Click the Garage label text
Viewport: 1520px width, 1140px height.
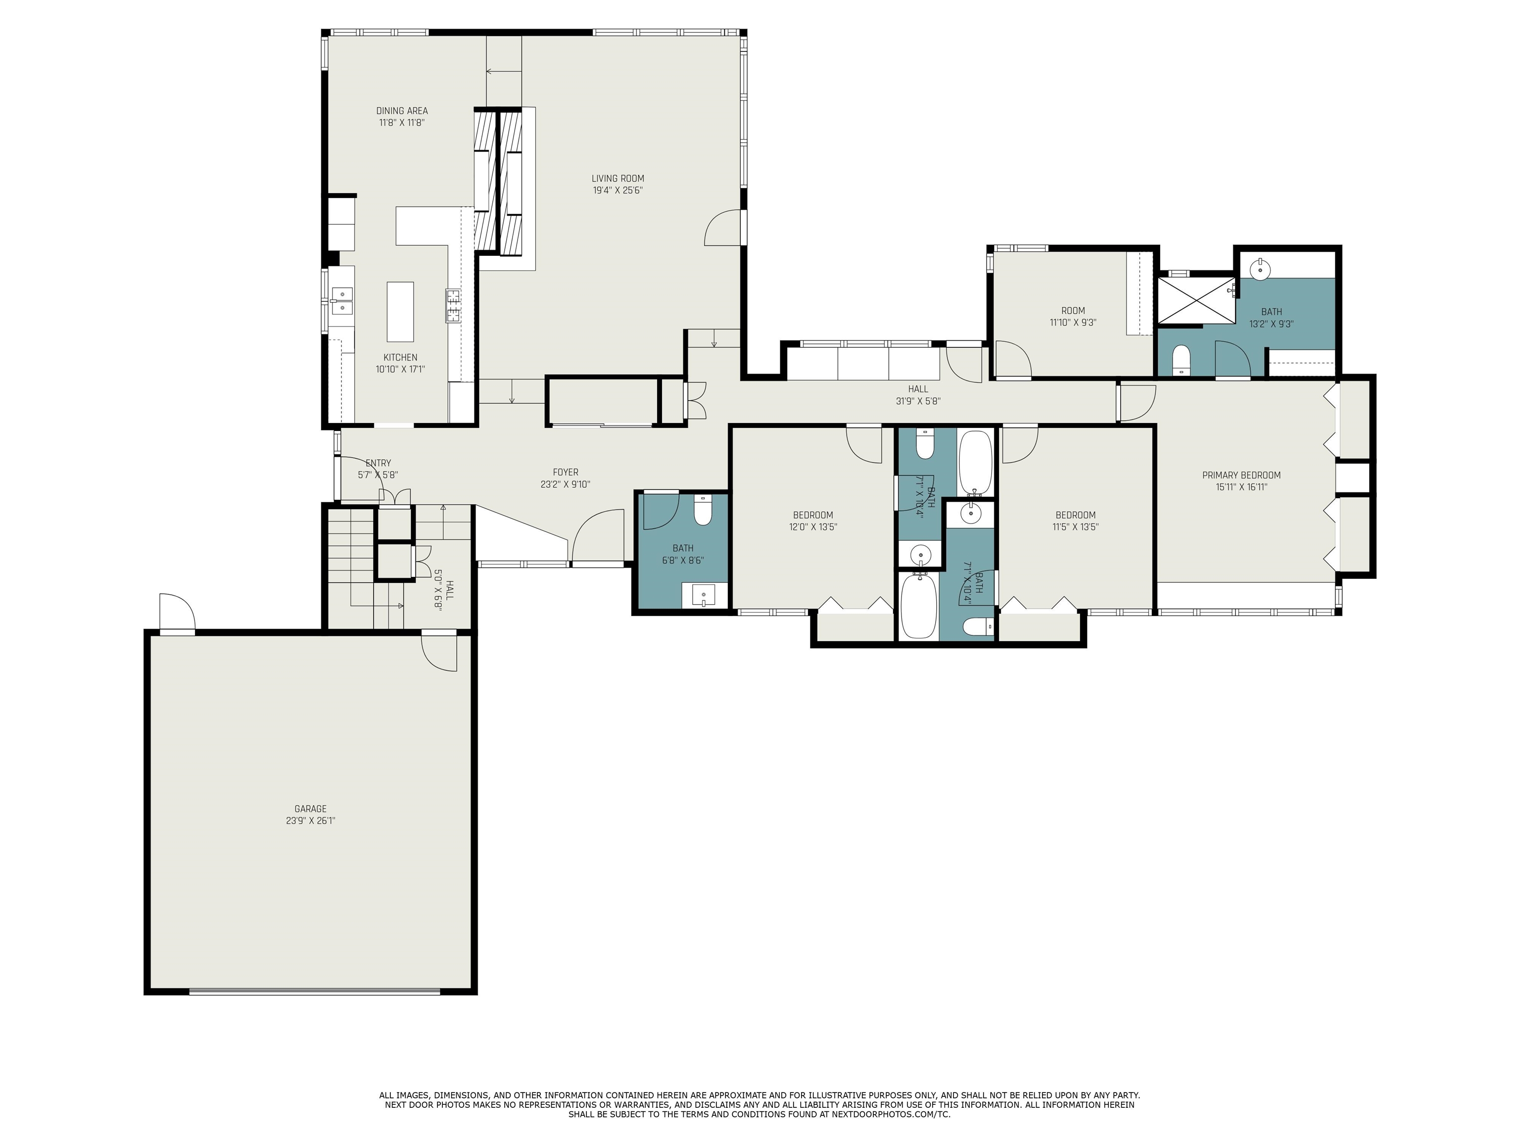point(311,809)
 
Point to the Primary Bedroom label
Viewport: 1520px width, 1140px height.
point(1241,475)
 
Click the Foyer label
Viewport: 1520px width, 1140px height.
point(566,472)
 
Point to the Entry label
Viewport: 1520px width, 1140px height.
point(378,463)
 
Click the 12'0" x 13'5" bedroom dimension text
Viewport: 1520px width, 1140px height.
point(813,527)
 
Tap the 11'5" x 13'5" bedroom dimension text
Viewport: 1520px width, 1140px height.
point(1075,527)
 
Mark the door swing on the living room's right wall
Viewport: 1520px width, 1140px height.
point(723,229)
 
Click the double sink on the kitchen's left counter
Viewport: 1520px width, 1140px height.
point(341,301)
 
